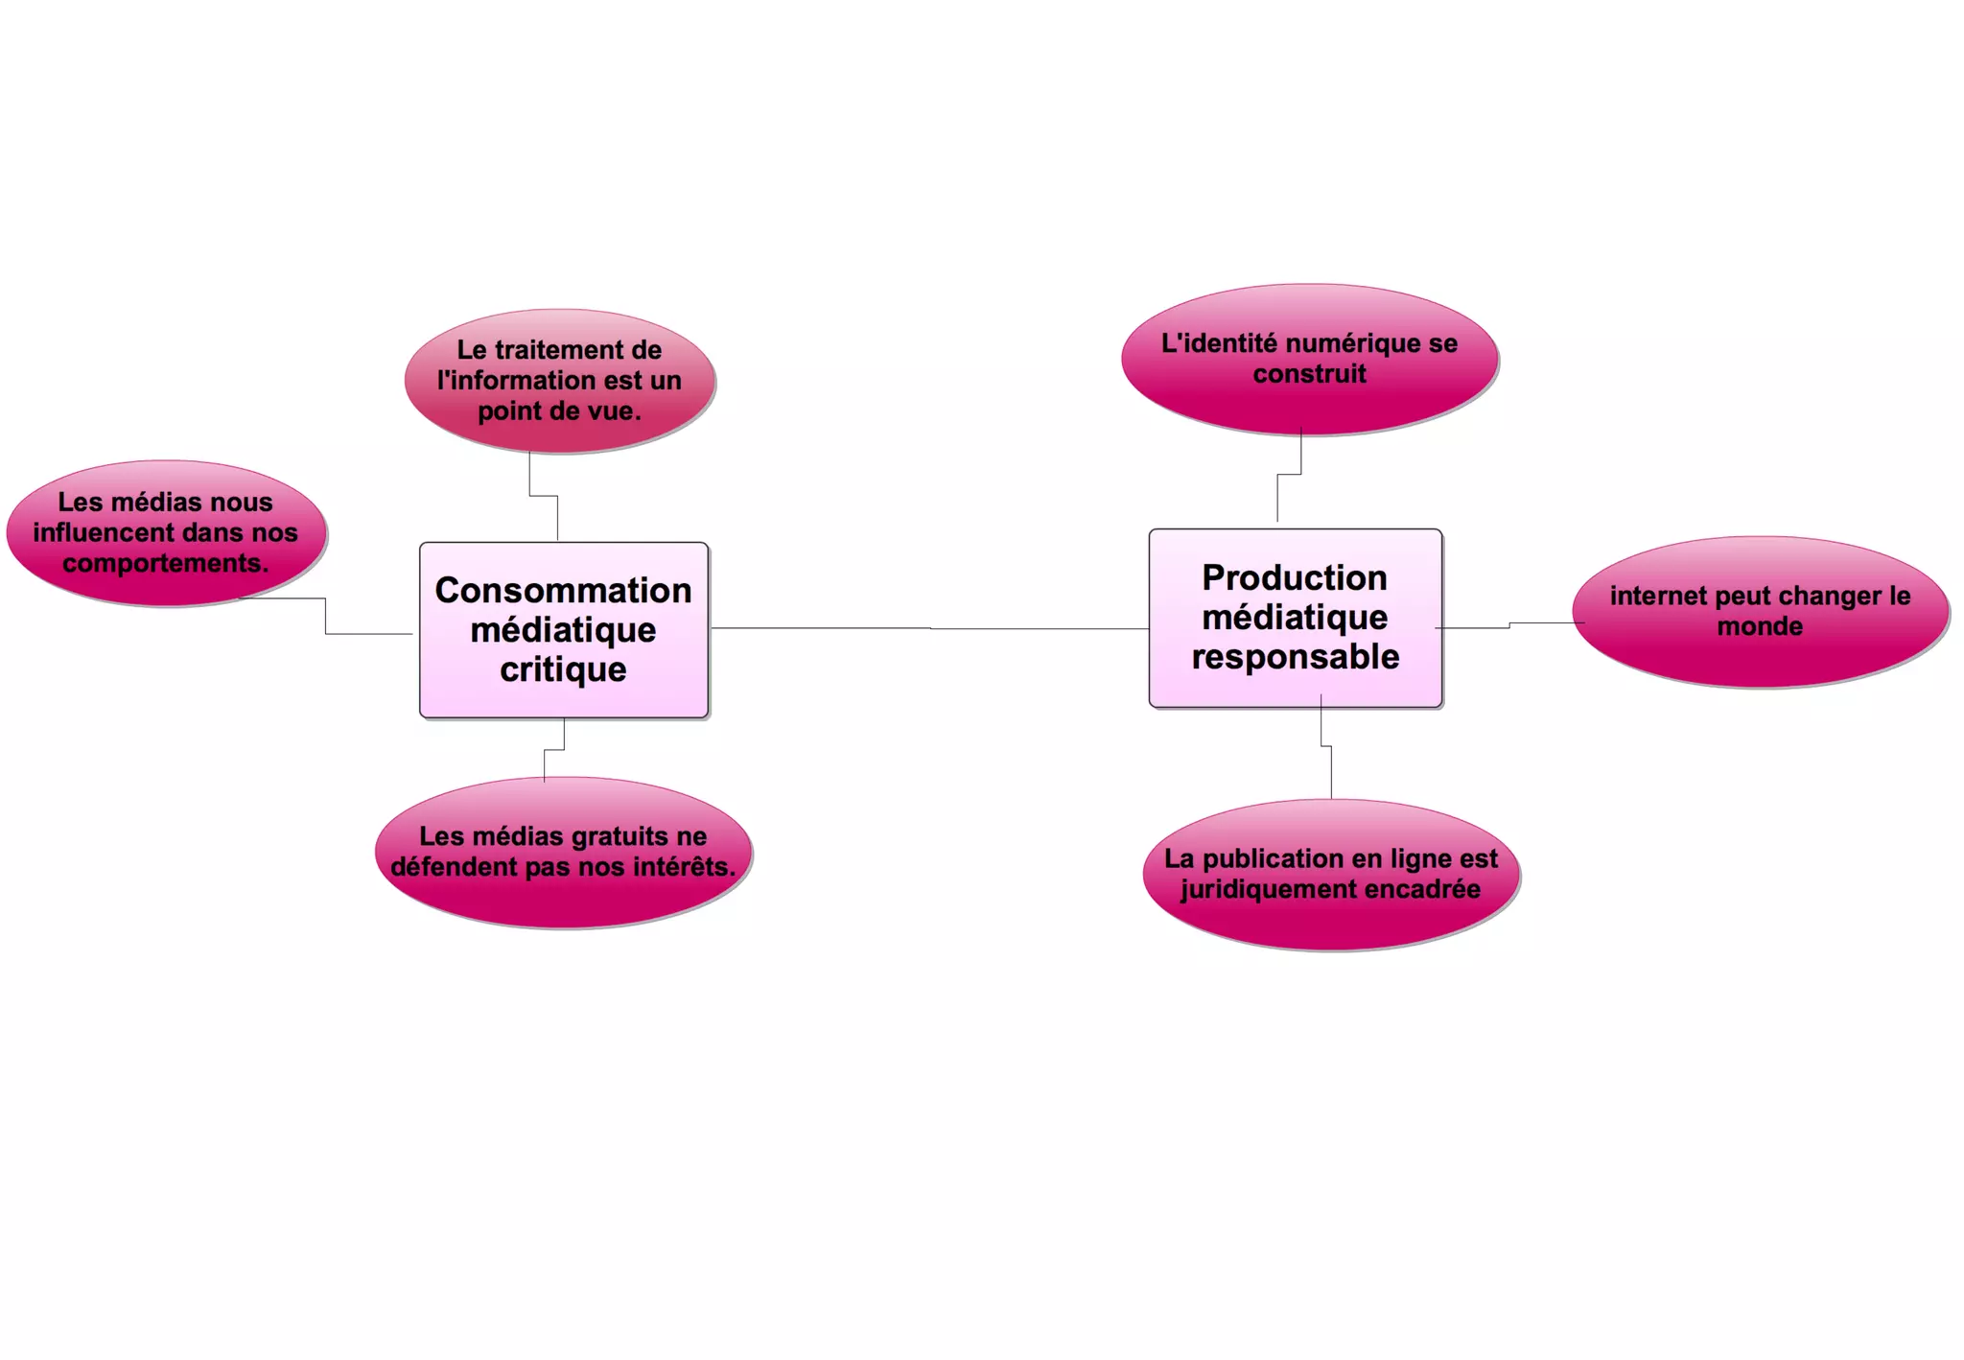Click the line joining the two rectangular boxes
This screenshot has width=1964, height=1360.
coord(930,628)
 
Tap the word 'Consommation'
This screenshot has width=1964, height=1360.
coord(563,591)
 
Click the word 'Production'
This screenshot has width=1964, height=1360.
coord(1295,577)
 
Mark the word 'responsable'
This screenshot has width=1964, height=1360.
coord(1295,657)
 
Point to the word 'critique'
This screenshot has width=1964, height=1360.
coord(563,669)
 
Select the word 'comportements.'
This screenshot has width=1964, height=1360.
coord(166,563)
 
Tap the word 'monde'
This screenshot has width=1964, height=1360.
coord(1760,626)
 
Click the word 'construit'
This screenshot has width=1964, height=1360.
coord(1309,373)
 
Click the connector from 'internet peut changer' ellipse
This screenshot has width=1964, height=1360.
coord(1509,625)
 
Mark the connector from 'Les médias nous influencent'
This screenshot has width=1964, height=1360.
coord(326,616)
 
